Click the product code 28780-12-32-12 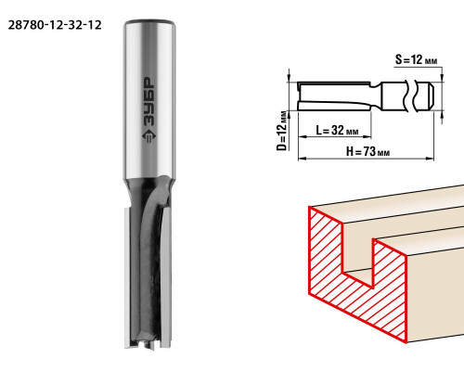pos(55,25)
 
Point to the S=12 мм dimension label pos(416,59)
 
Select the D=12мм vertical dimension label pos(281,131)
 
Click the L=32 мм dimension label pos(337,130)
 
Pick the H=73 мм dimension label pos(367,151)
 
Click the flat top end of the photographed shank pos(149,22)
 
